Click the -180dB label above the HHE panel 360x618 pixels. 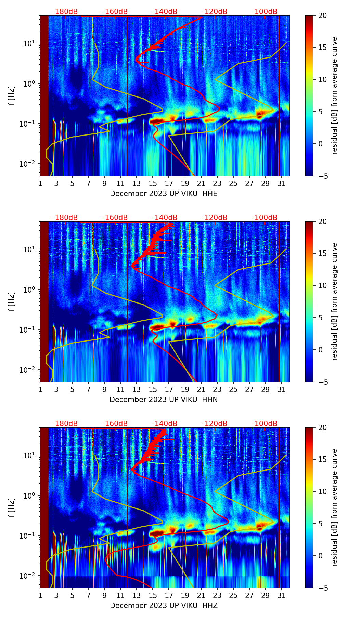(65, 12)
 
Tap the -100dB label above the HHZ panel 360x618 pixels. (265, 424)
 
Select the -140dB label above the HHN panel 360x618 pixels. (165, 218)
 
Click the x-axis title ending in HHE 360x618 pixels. (164, 194)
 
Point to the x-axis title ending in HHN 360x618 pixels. (164, 400)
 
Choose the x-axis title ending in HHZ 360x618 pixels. (164, 606)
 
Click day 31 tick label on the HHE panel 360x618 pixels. (282, 184)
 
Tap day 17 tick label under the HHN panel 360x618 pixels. (169, 390)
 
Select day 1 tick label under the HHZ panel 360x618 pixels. (40, 596)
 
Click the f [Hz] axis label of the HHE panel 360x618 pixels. (12, 96)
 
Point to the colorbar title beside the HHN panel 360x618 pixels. (334, 301)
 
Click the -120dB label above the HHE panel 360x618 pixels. (215, 12)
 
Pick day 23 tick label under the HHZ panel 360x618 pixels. (217, 596)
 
